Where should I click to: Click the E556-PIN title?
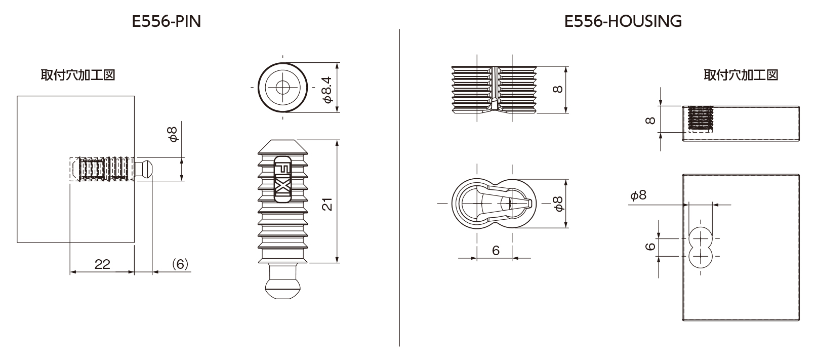tap(167, 22)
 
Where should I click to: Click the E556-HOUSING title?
tap(623, 22)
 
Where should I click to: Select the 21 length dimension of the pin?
tap(328, 204)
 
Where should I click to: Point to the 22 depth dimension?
tap(102, 264)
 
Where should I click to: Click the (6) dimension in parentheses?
tap(180, 264)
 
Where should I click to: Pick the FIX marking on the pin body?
tap(282, 179)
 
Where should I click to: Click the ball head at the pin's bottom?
tap(282, 289)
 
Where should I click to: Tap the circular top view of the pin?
tap(282, 88)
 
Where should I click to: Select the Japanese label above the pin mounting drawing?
tap(78, 75)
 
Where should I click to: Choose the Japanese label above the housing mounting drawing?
tap(741, 75)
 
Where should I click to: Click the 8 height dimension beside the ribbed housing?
tap(558, 89)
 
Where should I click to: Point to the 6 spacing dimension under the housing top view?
tap(495, 250)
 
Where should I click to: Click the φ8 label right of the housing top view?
tap(558, 204)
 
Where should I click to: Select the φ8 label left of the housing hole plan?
tap(638, 195)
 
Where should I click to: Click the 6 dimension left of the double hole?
tap(650, 247)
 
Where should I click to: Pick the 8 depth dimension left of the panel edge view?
tap(650, 120)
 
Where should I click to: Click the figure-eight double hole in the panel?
tap(701, 248)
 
